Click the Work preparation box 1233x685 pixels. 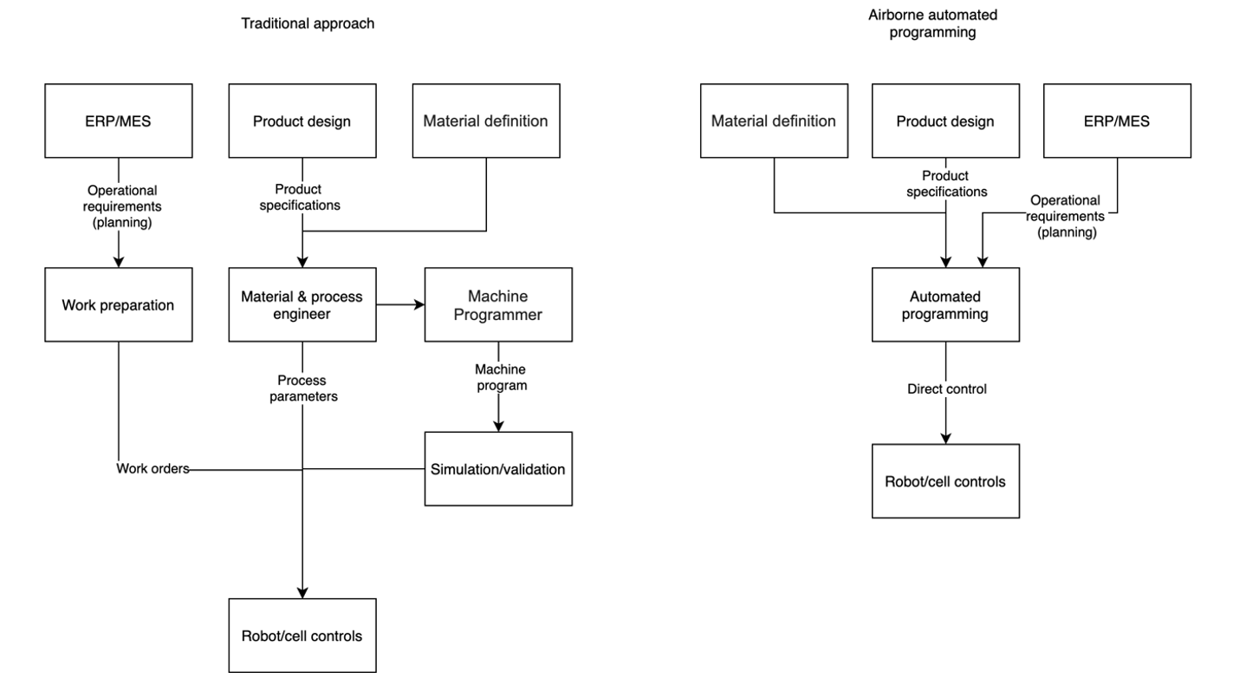118,304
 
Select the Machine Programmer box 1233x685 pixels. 498,304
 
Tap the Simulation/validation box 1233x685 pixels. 498,468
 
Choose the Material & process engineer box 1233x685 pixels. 302,304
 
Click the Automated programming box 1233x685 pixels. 945,304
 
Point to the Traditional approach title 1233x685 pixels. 308,23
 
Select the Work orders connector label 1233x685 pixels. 153,469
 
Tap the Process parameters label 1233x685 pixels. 302,388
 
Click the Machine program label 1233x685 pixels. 500,377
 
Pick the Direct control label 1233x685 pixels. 946,389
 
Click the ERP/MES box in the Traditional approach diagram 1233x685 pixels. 118,121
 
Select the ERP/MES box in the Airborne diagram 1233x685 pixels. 1116,121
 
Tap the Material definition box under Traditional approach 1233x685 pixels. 485,121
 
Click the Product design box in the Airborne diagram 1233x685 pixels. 945,121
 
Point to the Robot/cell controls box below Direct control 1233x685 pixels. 945,480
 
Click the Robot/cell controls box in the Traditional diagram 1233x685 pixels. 302,636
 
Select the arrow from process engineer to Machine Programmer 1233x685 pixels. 400,304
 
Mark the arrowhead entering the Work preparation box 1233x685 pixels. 118,262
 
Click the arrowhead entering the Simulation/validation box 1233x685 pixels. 498,426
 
